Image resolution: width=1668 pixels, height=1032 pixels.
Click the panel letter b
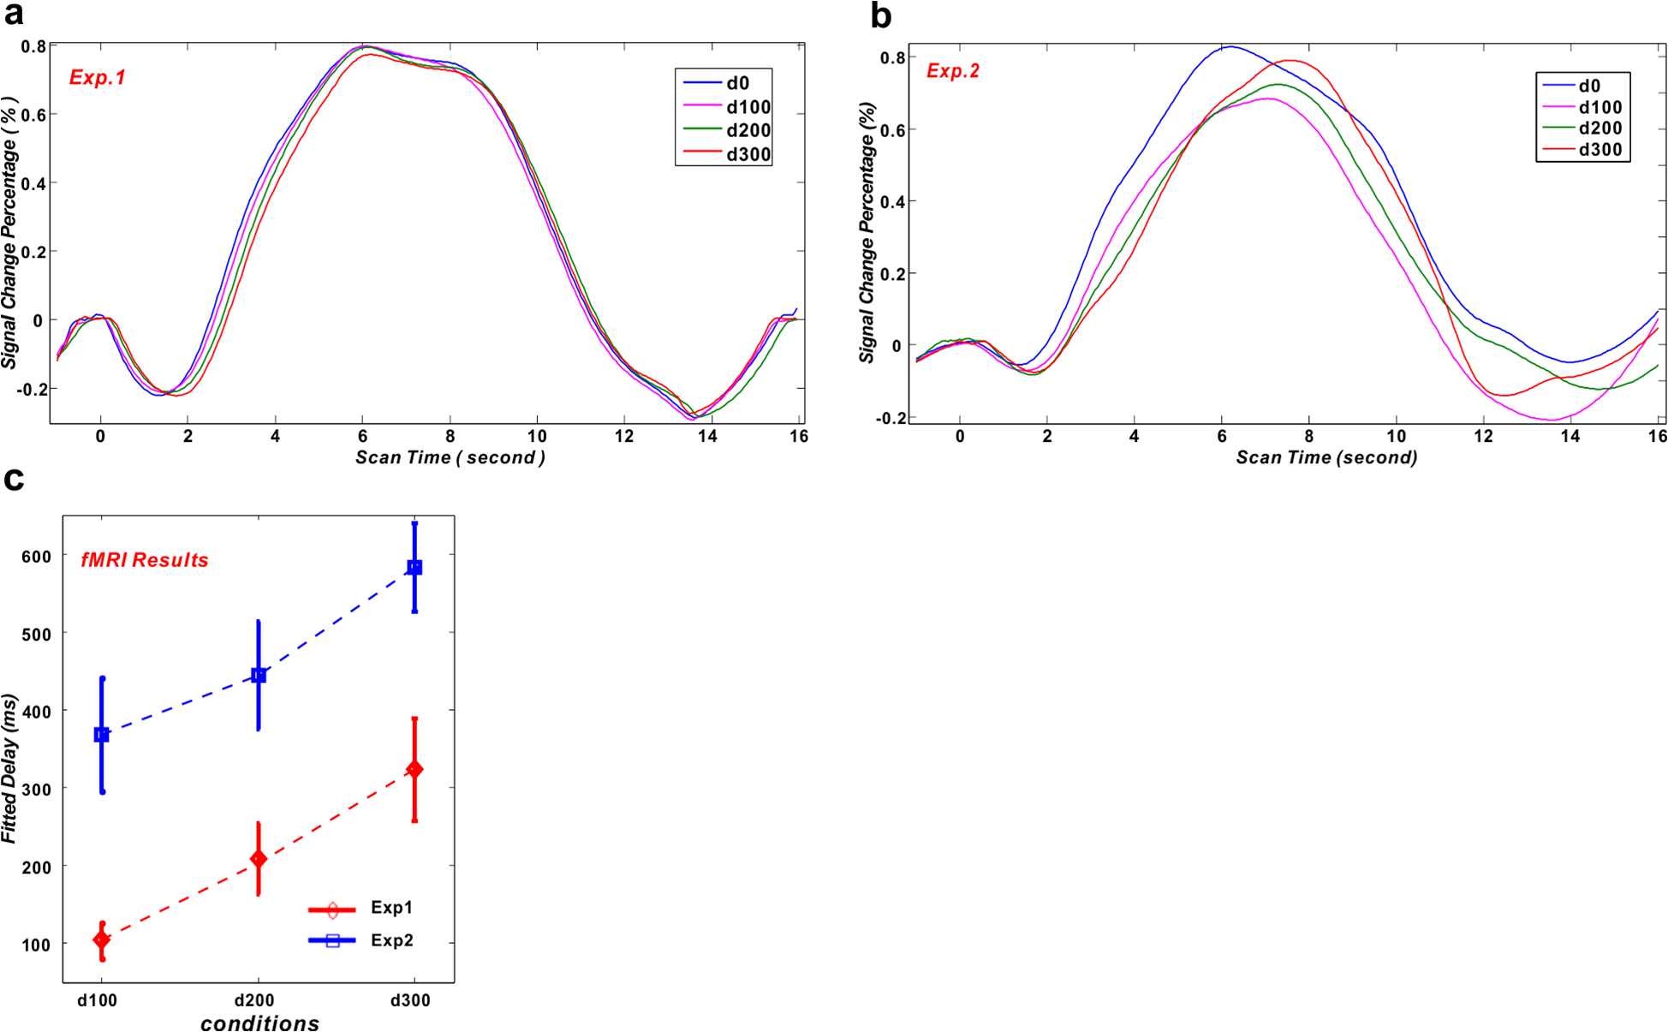[880, 15]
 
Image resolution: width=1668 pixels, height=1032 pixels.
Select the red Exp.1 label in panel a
[98, 78]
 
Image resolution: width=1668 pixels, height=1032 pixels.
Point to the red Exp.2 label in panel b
[953, 71]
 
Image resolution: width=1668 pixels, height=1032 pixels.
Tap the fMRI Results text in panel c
[145, 560]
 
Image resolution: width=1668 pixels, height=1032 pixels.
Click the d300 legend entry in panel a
[748, 155]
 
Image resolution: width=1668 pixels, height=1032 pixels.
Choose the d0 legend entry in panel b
[1589, 86]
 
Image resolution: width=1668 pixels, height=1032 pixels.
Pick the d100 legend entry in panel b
[1599, 107]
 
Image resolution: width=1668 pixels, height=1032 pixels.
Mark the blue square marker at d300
[414, 567]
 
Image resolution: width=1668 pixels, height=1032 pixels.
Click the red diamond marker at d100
[102, 940]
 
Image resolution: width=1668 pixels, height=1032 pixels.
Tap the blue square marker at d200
[259, 676]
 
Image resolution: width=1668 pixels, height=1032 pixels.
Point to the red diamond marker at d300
[414, 769]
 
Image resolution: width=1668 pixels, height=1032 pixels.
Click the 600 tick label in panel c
[37, 556]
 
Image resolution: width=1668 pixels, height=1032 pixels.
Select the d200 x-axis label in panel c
[254, 1000]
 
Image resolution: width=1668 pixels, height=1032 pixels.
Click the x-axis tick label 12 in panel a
[624, 436]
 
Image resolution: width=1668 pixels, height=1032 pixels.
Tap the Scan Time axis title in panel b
[1326, 457]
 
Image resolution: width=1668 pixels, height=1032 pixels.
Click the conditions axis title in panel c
[259, 1023]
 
